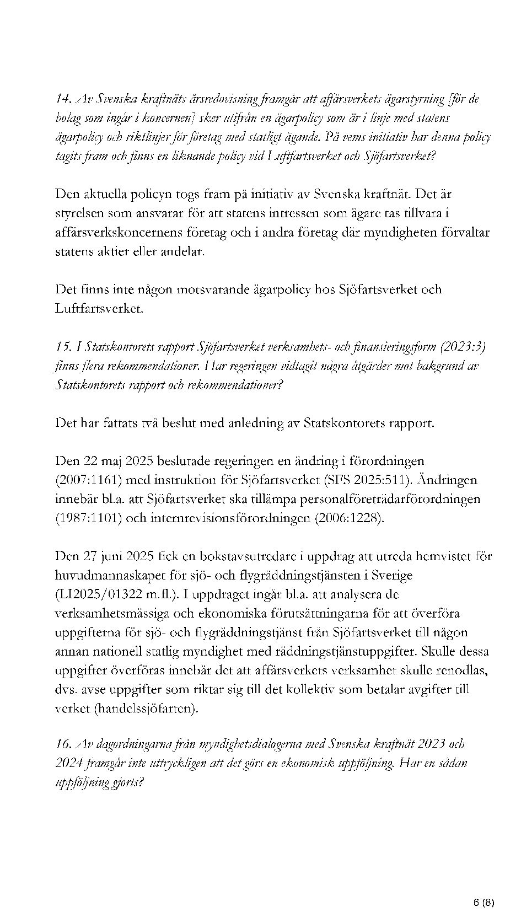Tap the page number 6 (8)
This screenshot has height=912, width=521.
point(484,887)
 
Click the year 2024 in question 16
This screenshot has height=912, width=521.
point(69,764)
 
